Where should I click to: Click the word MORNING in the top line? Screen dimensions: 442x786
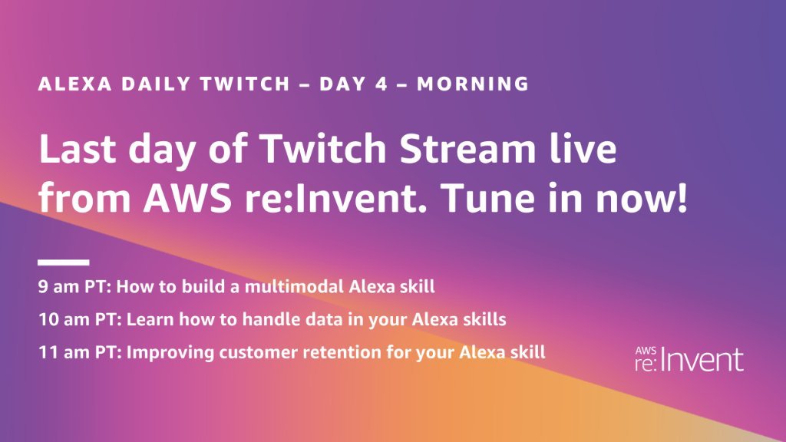473,84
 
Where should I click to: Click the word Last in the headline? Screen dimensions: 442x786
78,150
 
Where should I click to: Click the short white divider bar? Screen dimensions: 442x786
64,262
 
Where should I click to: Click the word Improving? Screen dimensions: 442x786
163,353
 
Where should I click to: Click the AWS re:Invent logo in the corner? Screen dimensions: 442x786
689,358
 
